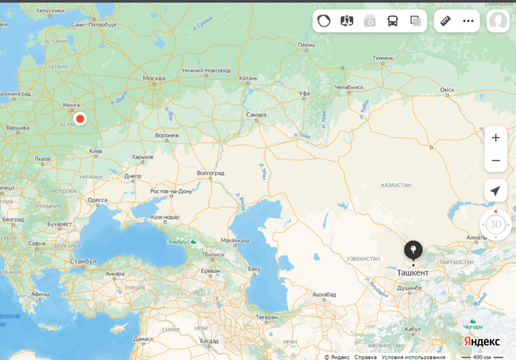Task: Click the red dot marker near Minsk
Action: click(80, 118)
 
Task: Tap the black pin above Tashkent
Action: click(413, 251)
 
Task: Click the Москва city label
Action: click(153, 78)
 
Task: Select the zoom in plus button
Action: click(495, 138)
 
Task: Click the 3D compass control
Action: click(495, 224)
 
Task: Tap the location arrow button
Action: click(495, 191)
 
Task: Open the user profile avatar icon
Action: click(498, 21)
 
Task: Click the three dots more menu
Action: click(468, 21)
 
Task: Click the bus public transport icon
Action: click(393, 21)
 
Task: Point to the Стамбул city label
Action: click(83, 261)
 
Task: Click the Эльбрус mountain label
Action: click(179, 242)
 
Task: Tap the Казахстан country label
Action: click(396, 185)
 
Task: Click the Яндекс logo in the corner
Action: click(482, 342)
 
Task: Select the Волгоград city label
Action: click(210, 173)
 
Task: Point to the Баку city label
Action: click(254, 269)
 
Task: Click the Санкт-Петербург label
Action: click(94, 25)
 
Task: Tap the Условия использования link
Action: click(413, 357)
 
